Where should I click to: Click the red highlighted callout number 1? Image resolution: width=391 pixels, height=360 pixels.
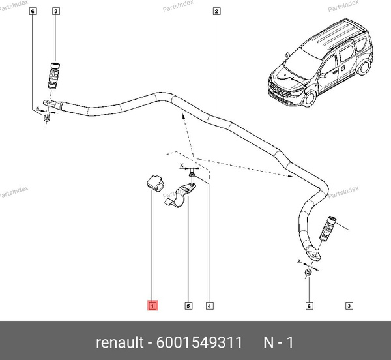tap(152, 305)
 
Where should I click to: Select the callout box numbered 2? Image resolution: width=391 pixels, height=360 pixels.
tap(216, 11)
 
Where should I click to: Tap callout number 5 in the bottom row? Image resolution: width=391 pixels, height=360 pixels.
tap(188, 306)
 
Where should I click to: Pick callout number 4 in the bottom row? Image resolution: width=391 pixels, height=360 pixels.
tap(209, 306)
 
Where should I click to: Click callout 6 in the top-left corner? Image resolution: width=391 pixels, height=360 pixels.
tap(33, 11)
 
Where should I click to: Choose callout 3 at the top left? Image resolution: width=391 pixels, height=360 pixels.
tap(55, 11)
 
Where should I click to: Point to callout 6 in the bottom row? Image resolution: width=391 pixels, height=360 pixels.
tap(309, 306)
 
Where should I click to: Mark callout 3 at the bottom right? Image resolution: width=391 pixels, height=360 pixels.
tap(349, 306)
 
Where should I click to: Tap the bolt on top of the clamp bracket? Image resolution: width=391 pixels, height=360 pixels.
tap(192, 177)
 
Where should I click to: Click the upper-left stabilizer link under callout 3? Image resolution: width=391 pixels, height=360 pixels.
tap(54, 76)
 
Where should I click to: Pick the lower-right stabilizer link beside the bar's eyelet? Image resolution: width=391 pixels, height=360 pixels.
tap(328, 229)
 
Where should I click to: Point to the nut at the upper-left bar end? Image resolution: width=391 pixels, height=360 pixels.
tap(46, 118)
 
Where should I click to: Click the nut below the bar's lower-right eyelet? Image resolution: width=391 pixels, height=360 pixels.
tap(308, 272)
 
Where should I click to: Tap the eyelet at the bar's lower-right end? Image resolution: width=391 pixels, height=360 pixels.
tap(313, 254)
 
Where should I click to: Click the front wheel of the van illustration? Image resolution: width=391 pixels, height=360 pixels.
tap(310, 99)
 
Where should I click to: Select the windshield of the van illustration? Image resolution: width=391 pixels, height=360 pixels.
tap(302, 62)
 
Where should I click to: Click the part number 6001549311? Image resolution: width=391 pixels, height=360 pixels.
tap(199, 342)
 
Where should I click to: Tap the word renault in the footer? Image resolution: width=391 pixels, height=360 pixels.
tap(120, 342)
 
